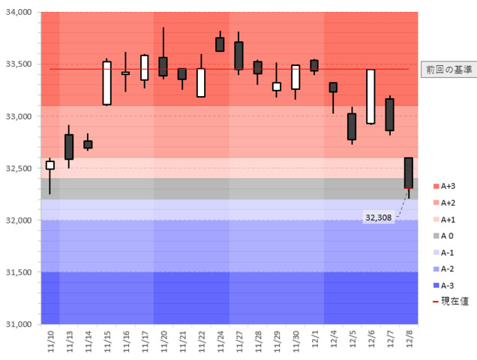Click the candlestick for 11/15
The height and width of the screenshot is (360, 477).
coord(107,83)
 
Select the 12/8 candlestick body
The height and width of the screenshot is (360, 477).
coord(408,172)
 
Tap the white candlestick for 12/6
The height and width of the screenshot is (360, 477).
coord(370,97)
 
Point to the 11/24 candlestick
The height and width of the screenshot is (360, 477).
coord(220,44)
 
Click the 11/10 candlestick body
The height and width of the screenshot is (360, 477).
coord(50,165)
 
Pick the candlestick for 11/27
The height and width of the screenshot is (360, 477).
coord(238,55)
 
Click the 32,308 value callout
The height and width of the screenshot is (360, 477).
coord(378,217)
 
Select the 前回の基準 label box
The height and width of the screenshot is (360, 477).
coord(448,69)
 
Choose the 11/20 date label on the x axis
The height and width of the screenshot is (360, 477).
coord(163,342)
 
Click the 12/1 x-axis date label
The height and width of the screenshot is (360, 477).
coord(313,342)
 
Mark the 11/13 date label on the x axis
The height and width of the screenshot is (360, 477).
coord(69,342)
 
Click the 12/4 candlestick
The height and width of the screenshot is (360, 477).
coord(333,87)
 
